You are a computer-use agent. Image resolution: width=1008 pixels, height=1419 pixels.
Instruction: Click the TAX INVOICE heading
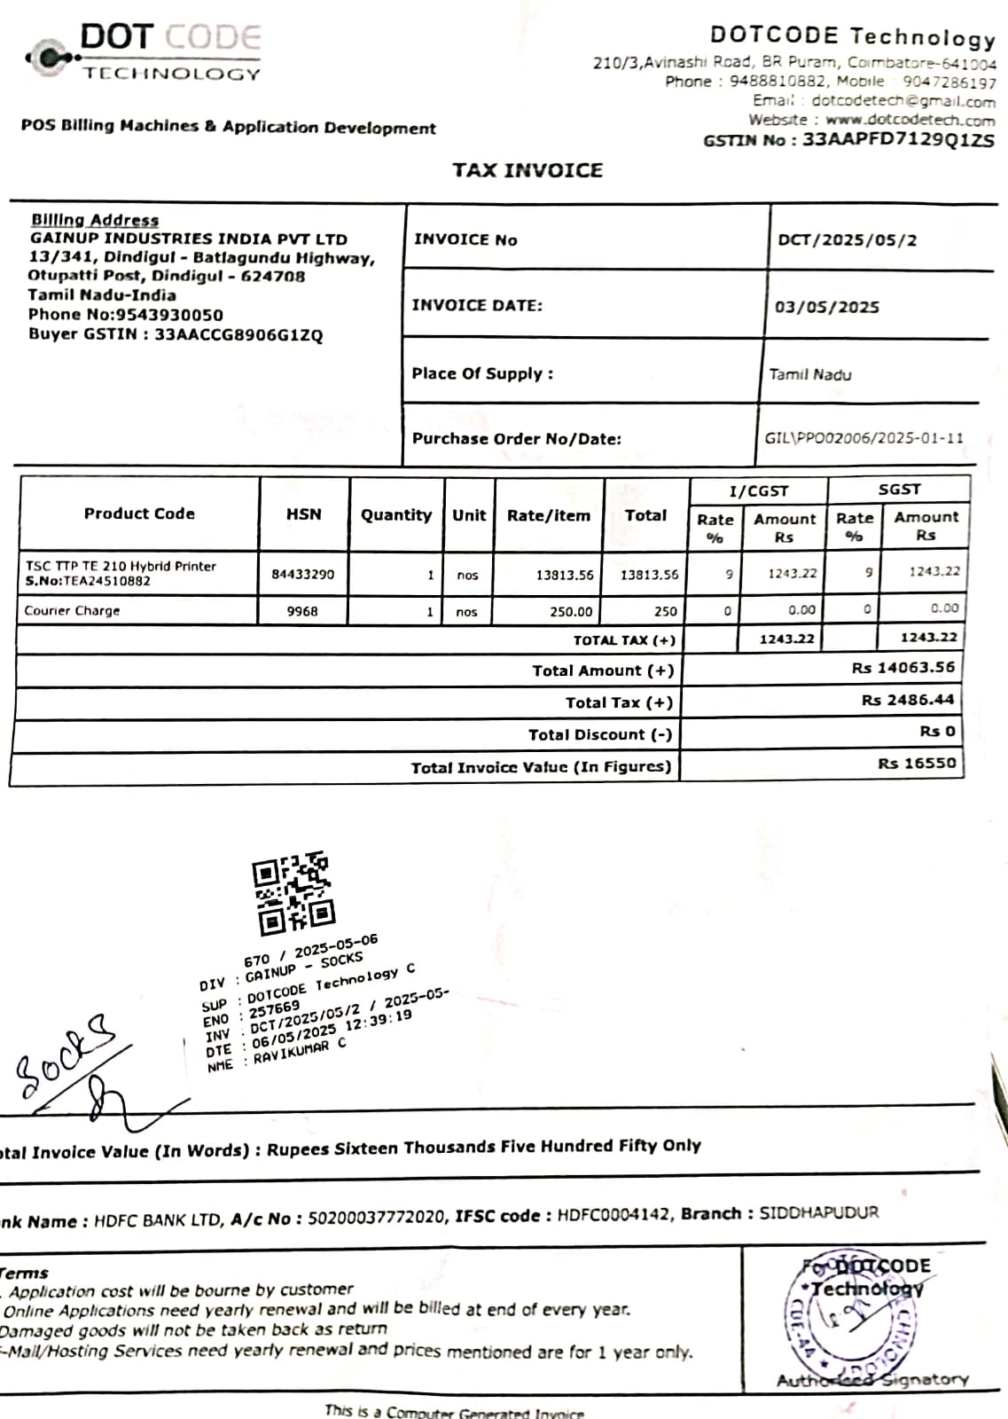(527, 170)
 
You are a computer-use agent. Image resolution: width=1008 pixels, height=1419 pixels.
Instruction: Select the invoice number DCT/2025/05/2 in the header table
(847, 240)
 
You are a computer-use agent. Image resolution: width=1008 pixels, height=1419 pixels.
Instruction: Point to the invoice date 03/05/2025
(827, 307)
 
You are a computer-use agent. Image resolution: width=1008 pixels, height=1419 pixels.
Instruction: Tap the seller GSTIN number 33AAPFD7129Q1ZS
(897, 140)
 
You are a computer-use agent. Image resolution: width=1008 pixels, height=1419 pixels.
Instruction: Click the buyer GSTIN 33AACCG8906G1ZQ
(238, 335)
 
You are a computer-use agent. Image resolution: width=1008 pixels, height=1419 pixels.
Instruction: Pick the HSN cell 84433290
(303, 574)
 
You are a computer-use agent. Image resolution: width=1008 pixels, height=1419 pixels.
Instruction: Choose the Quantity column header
(395, 514)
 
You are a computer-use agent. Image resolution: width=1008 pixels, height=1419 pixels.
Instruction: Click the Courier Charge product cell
(72, 611)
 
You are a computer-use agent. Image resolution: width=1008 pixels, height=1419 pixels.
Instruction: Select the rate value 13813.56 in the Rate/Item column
(565, 575)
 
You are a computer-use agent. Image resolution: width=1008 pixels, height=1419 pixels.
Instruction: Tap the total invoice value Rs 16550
(917, 764)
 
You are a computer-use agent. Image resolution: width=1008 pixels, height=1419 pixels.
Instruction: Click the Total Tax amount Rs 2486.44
(908, 700)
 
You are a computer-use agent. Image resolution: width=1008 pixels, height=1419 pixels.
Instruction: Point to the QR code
(293, 893)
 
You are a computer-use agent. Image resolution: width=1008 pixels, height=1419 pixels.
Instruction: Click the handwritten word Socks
(65, 1054)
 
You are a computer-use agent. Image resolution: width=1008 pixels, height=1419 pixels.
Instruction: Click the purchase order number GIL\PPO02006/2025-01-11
(863, 438)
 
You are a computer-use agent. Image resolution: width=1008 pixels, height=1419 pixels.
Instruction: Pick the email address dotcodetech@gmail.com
(903, 101)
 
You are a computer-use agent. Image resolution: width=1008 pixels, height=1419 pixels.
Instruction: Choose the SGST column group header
(899, 490)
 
